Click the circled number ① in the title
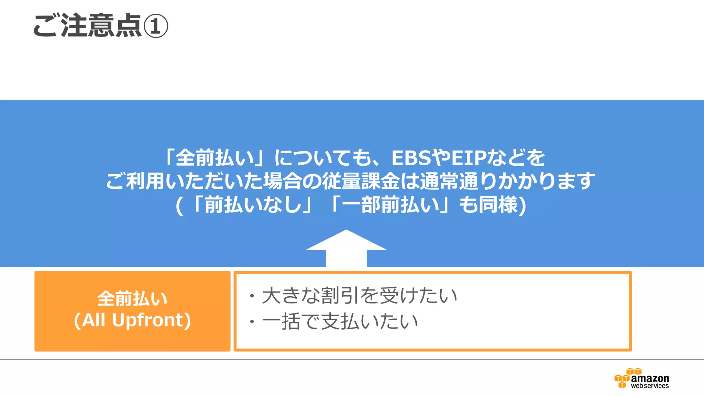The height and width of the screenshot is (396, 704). (x=155, y=26)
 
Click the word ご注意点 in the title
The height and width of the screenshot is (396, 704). (x=87, y=25)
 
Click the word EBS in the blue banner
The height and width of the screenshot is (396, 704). (x=411, y=158)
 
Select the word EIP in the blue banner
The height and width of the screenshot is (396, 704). (x=469, y=158)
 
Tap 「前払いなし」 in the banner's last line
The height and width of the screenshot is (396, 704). (x=253, y=205)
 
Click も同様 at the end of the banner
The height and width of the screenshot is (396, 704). (x=488, y=205)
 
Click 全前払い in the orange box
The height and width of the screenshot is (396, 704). (x=132, y=298)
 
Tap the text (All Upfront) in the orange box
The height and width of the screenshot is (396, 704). (x=132, y=320)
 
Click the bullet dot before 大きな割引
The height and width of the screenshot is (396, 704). (x=252, y=296)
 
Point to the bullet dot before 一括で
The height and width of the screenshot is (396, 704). (x=252, y=322)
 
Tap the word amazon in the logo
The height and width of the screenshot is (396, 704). (x=650, y=378)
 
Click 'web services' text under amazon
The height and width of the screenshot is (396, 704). (x=650, y=386)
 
